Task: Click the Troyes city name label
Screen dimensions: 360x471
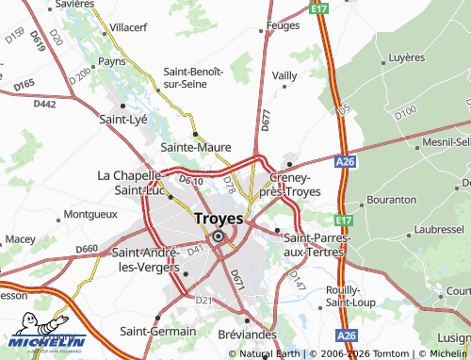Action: (218, 218)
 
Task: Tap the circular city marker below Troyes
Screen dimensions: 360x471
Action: (219, 237)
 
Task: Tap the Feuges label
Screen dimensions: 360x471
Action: (283, 27)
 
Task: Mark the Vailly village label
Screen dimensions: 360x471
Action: (284, 74)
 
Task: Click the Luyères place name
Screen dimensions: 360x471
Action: (407, 57)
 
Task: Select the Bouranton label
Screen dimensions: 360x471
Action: (390, 200)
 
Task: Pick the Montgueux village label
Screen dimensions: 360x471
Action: (91, 214)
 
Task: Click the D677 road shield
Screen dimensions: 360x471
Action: (266, 120)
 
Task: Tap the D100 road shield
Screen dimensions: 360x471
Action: (406, 112)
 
